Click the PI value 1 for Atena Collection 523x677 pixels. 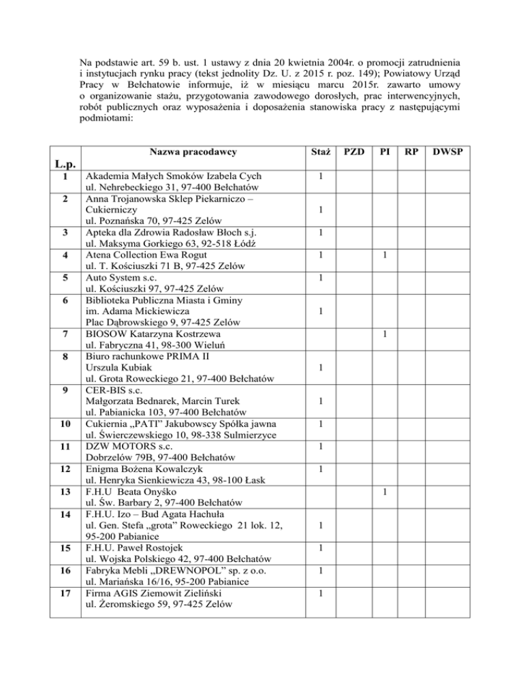click(x=385, y=255)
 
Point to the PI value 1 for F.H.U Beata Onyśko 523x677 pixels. click(x=385, y=491)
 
